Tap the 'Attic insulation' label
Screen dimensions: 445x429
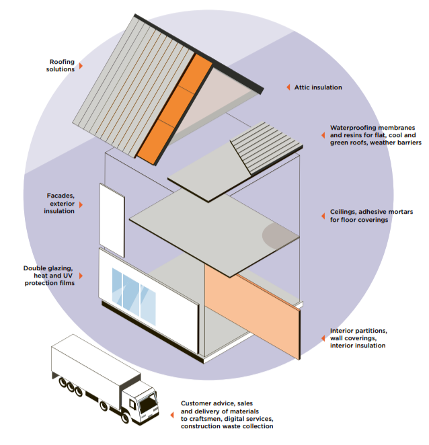[318, 87]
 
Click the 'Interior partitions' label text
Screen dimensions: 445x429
[358, 338]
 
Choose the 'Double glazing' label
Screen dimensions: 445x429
[48, 276]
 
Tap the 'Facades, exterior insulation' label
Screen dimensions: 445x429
[61, 203]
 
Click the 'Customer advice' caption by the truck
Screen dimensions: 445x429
[227, 415]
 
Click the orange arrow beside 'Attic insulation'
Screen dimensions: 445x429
[288, 87]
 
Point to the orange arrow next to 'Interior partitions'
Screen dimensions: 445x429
[322, 338]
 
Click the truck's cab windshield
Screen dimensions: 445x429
[147, 406]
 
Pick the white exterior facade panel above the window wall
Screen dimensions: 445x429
[112, 219]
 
